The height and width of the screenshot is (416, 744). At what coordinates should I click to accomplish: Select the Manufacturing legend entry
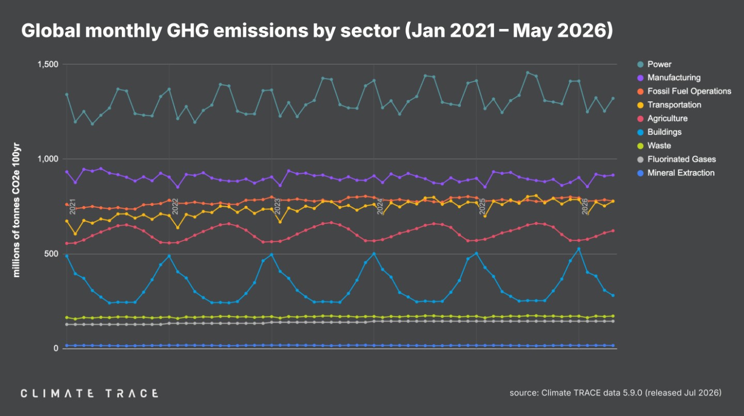(x=669, y=78)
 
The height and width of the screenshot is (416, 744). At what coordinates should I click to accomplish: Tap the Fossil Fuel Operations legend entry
(x=684, y=91)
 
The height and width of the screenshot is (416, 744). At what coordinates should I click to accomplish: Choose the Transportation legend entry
(x=669, y=105)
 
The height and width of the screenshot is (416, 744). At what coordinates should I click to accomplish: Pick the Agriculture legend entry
(x=662, y=119)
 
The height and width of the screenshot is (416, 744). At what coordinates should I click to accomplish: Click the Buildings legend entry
(x=659, y=132)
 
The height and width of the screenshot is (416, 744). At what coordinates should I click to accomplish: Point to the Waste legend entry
(x=654, y=146)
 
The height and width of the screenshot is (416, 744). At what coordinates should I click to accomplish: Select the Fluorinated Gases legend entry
(x=677, y=160)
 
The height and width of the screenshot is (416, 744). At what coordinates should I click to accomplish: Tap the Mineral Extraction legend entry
(x=676, y=173)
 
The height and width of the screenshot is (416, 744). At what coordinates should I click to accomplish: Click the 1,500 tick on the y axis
(x=48, y=64)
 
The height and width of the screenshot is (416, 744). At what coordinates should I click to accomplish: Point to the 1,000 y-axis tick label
(x=48, y=159)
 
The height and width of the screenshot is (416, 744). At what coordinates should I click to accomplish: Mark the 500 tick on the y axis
(x=51, y=254)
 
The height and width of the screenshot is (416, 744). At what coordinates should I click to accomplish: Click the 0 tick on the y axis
(x=56, y=348)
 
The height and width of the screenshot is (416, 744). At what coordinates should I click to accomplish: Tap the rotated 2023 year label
(x=277, y=206)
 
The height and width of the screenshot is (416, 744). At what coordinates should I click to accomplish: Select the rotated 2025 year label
(x=482, y=206)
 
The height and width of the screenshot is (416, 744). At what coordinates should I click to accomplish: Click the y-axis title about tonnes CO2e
(x=16, y=210)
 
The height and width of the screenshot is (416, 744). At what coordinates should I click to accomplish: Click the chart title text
(x=317, y=30)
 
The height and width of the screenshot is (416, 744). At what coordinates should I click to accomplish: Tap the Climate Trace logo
(x=90, y=394)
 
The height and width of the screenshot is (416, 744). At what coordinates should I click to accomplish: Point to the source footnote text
(x=615, y=393)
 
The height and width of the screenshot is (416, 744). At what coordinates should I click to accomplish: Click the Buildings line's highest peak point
(x=579, y=249)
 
